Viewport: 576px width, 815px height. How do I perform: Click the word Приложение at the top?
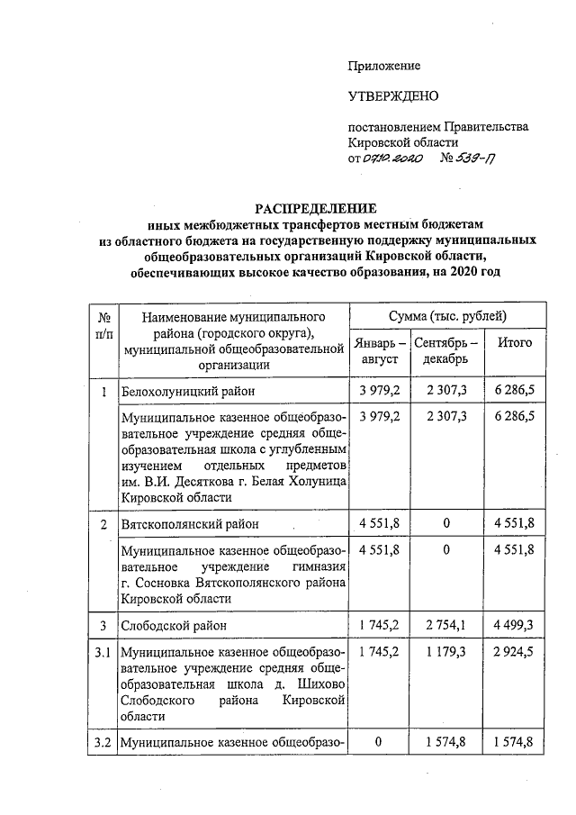tap(384, 66)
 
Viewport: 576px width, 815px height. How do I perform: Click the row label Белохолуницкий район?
tap(187, 392)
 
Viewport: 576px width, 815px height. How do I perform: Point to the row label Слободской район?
tap(174, 624)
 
